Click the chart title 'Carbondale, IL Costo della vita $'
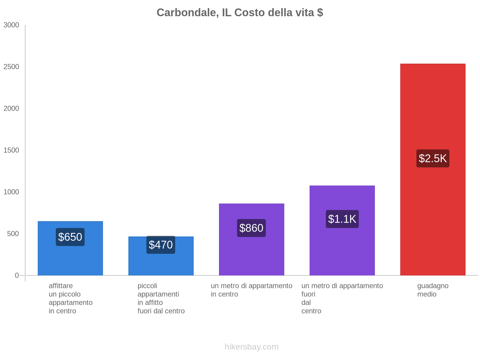(x=240, y=13)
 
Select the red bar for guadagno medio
(x=433, y=210)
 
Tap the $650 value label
(x=70, y=237)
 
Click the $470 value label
(x=161, y=245)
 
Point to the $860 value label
(x=251, y=228)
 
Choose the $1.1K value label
(x=342, y=219)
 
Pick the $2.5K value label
(x=433, y=158)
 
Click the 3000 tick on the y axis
(x=11, y=25)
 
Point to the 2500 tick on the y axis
(x=11, y=67)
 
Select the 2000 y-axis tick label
(x=11, y=109)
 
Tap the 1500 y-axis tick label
(x=11, y=150)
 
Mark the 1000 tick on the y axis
(x=11, y=192)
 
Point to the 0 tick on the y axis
(x=17, y=275)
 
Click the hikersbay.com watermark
(x=251, y=347)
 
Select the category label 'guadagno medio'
(x=433, y=290)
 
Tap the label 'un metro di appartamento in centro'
(x=251, y=290)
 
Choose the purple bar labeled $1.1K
(x=342, y=252)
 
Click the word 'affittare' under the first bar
(x=61, y=286)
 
